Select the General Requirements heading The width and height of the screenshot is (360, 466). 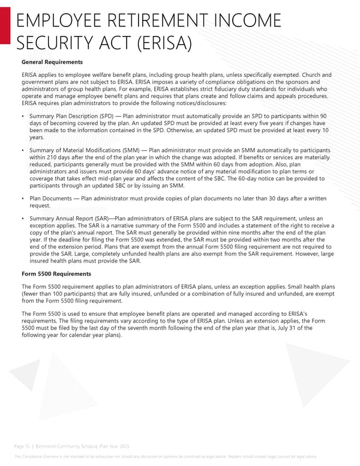pos(52,62)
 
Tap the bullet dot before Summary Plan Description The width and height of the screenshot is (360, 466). pos(23,115)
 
